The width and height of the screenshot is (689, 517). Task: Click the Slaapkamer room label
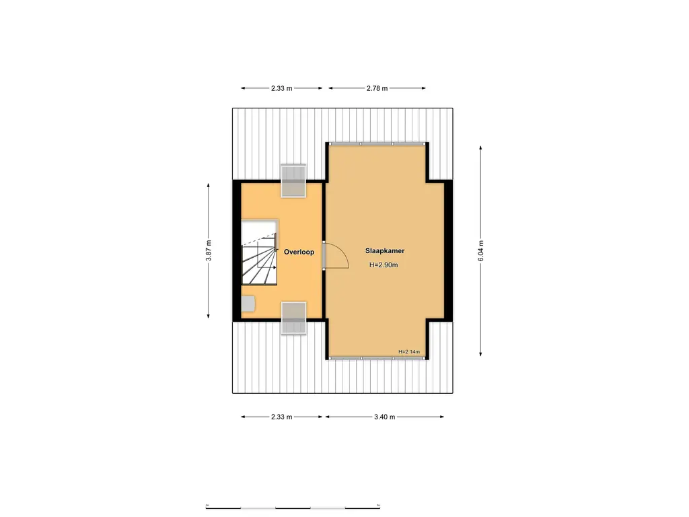point(385,250)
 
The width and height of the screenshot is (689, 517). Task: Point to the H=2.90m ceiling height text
point(384,265)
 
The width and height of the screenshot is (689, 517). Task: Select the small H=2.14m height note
point(408,351)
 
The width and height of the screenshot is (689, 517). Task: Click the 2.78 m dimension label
point(377,88)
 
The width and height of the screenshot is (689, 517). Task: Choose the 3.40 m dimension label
point(384,417)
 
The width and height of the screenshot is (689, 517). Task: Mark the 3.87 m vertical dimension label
point(209,250)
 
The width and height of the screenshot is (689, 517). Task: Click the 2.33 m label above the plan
point(282,88)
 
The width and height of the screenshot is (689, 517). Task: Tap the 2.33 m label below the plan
point(282,417)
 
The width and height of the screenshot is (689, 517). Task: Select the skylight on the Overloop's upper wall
point(293,180)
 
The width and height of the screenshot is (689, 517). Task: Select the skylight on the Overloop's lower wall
point(293,318)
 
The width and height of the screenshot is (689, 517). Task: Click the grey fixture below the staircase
point(248,303)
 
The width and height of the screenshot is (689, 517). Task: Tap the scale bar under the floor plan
point(294,506)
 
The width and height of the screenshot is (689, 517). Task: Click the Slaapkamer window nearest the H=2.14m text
point(377,358)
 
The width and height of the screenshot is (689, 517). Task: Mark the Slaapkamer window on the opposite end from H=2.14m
point(377,143)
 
